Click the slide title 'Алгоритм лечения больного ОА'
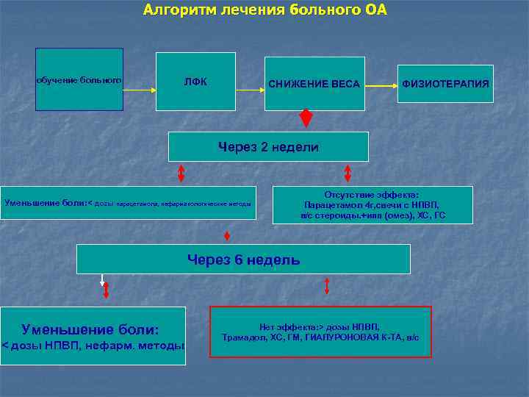coord(264,10)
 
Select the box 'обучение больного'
coord(79,79)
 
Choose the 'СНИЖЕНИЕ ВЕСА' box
coord(314,84)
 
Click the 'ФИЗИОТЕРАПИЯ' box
coord(445,84)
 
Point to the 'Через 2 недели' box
coord(268,147)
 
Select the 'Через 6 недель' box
coord(243,260)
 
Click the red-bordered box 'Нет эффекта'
coord(320,332)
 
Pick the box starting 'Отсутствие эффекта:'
coord(373,205)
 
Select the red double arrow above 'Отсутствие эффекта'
coord(348,174)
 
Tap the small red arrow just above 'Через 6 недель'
coord(227,236)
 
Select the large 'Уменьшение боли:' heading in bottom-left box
coord(90,329)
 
